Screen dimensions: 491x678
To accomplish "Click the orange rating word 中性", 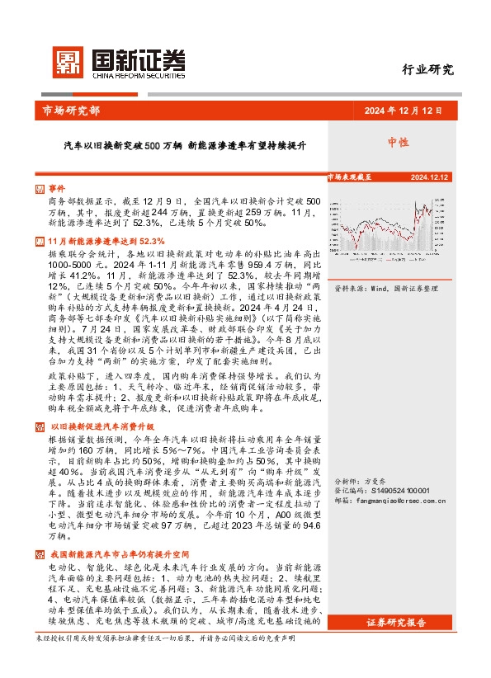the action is click(399, 143).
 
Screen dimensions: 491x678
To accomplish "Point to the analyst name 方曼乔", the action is click(375, 480).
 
